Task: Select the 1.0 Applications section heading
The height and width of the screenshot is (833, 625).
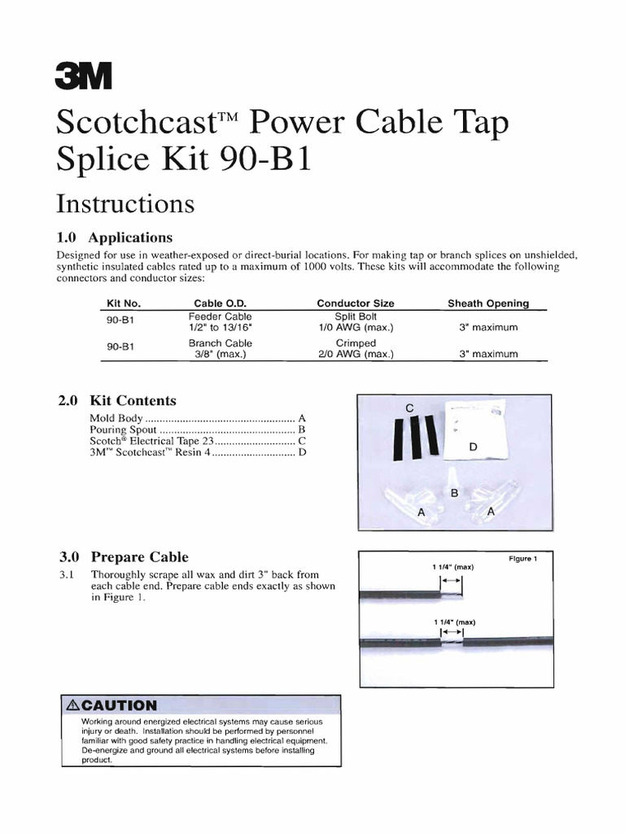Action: click(x=115, y=238)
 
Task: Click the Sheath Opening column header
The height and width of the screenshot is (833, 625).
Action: click(x=488, y=303)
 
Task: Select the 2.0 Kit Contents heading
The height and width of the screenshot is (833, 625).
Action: click(x=117, y=400)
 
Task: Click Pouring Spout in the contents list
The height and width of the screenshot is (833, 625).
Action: click(x=122, y=429)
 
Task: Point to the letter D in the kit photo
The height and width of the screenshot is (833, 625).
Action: click(x=474, y=447)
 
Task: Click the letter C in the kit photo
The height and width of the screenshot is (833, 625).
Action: click(x=410, y=407)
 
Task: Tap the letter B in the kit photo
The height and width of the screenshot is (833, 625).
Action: click(x=454, y=493)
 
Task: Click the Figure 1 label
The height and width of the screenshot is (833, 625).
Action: click(x=522, y=559)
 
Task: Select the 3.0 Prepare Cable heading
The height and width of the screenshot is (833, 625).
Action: click(x=123, y=557)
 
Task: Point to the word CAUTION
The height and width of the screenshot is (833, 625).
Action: click(x=119, y=705)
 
